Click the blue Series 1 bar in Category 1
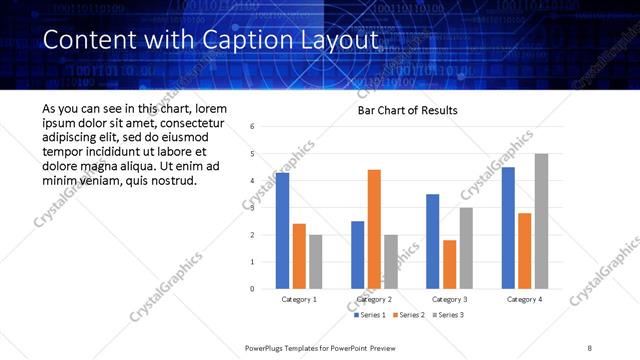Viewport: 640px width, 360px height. [x=282, y=230]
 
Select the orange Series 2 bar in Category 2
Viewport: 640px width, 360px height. [x=374, y=229]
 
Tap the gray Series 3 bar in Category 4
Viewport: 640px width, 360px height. [x=541, y=221]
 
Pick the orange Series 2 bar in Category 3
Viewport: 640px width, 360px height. [x=449, y=264]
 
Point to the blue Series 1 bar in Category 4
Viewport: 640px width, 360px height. [x=508, y=227]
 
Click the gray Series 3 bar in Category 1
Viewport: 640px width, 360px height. [x=315, y=261]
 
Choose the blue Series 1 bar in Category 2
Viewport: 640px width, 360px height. [x=357, y=254]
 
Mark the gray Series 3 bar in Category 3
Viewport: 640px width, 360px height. [x=466, y=248]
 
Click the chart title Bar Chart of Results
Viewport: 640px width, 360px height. [x=408, y=110]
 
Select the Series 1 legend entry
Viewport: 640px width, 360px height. [x=369, y=315]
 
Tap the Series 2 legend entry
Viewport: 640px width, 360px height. [x=408, y=315]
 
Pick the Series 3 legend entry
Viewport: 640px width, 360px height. [x=447, y=315]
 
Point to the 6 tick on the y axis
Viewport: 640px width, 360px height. [x=252, y=127]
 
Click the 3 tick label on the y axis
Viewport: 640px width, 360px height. [x=252, y=208]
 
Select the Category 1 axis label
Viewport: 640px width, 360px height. [x=298, y=299]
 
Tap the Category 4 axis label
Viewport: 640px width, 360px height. [x=524, y=299]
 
